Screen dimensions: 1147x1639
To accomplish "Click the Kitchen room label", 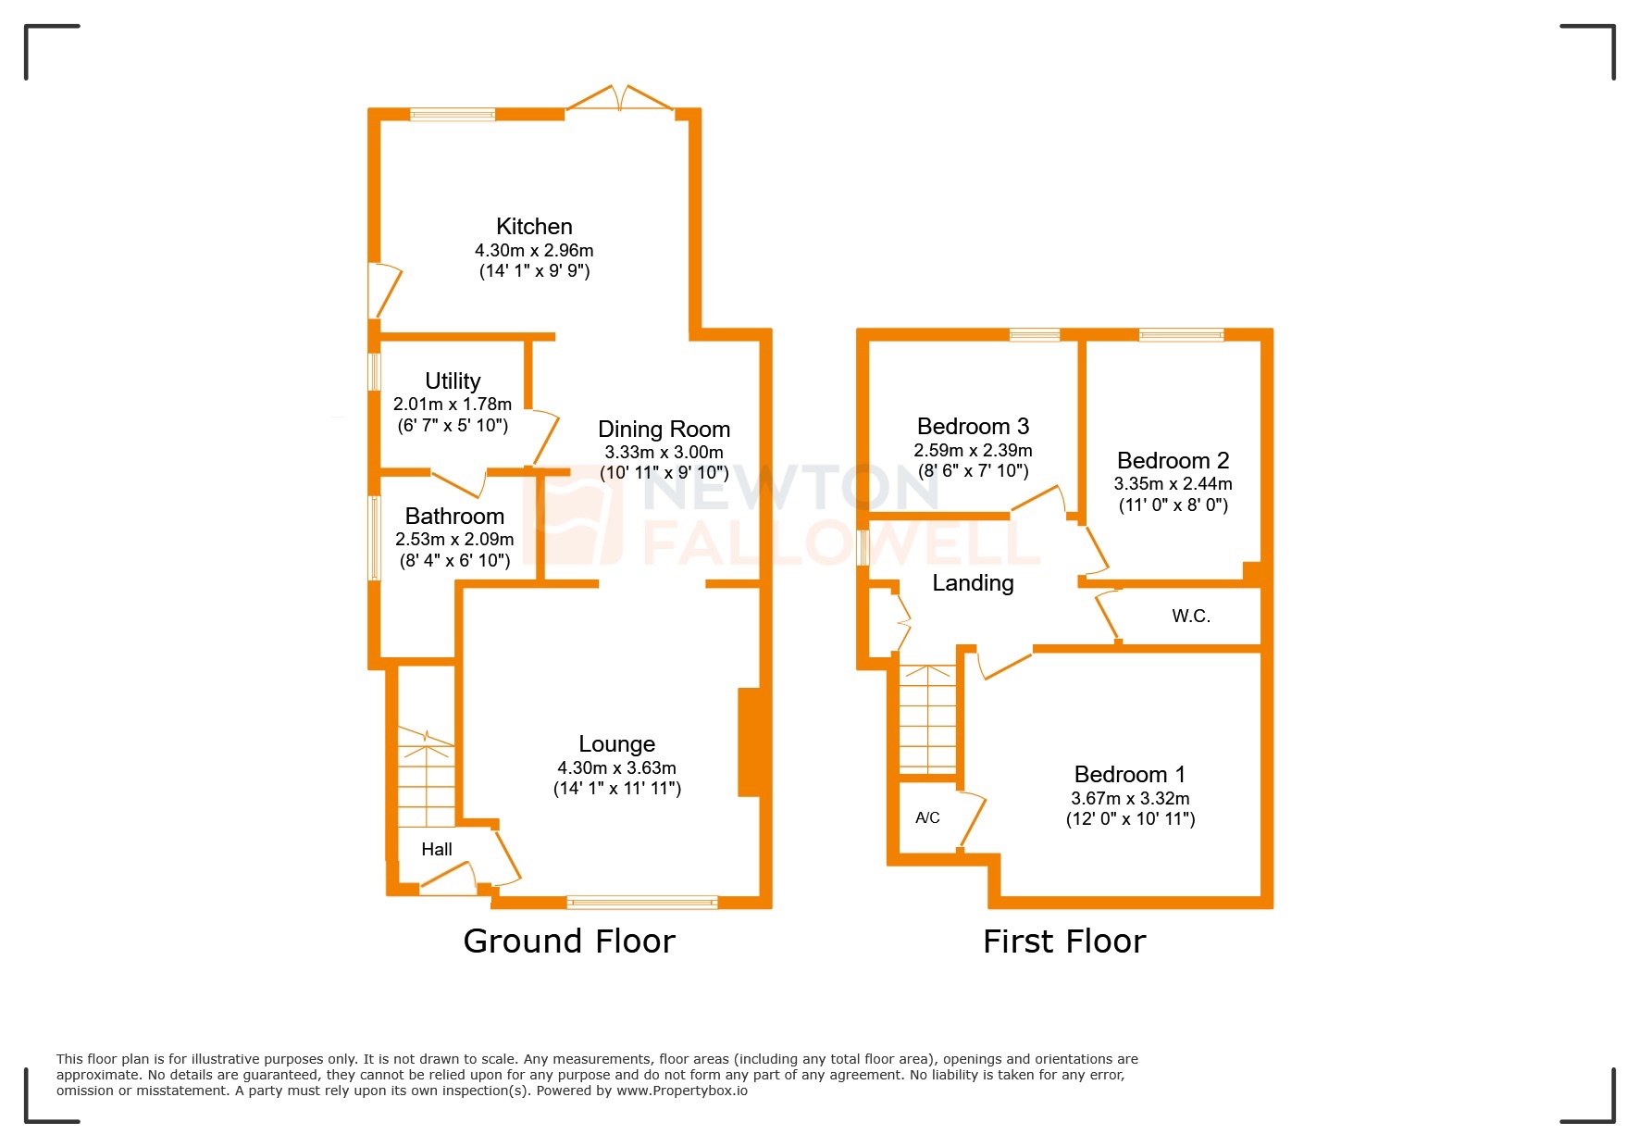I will (534, 227).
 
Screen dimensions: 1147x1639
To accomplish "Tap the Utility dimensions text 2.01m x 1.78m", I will (452, 405).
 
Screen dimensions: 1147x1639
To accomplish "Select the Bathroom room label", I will (454, 517).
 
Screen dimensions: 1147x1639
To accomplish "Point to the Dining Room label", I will (664, 430).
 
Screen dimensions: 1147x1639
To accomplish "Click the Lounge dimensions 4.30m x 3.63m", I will (616, 768).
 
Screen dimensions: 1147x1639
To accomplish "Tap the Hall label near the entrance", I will (437, 850).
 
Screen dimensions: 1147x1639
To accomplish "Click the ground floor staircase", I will (427, 778).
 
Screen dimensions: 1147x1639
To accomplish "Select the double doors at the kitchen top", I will (619, 100).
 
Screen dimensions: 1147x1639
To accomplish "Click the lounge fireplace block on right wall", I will (751, 742).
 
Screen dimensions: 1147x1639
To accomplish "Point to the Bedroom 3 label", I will (973, 427).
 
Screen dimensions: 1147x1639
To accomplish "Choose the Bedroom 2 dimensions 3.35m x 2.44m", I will (1173, 484).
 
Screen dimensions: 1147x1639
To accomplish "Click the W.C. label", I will (1191, 617).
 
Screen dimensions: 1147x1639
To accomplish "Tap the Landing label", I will (973, 583).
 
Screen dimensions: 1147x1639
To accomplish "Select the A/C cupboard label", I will (927, 818).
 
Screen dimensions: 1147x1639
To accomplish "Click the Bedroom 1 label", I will (1129, 775).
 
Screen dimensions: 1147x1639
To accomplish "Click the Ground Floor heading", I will (569, 941).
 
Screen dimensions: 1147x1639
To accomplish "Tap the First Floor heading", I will (1064, 941).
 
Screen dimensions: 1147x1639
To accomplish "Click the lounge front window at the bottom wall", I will (642, 902).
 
